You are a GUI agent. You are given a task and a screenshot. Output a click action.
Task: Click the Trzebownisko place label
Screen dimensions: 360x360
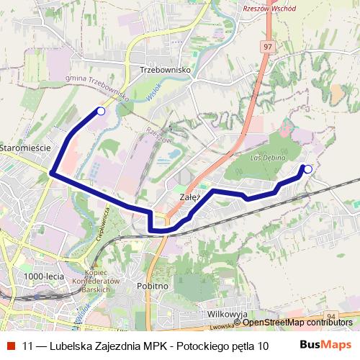point(165,70)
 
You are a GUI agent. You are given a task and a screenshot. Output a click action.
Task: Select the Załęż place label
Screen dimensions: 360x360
point(189,195)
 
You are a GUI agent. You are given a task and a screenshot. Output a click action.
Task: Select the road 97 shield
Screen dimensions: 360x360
point(268,46)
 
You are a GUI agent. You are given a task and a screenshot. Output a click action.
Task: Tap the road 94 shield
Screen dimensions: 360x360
point(331,315)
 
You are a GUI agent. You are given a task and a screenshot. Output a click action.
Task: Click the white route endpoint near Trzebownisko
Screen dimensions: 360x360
point(101,111)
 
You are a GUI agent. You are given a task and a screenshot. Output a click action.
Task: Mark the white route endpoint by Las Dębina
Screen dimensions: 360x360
point(308,169)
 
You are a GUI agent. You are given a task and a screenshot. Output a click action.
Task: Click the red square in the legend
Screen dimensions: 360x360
point(11,345)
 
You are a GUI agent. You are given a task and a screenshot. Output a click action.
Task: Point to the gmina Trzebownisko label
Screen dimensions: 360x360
point(96,89)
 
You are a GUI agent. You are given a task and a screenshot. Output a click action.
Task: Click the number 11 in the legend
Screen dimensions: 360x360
point(27,345)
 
